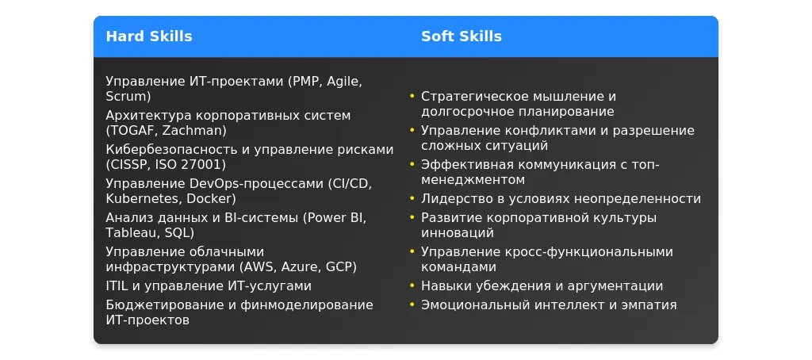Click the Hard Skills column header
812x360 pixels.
(148, 36)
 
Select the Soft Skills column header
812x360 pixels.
(461, 36)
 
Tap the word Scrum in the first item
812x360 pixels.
(126, 97)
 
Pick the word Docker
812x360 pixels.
(209, 198)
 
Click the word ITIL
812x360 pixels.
(117, 286)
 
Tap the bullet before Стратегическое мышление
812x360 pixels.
(412, 96)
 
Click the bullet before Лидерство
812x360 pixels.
(412, 198)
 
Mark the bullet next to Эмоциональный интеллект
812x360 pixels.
(412, 304)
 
